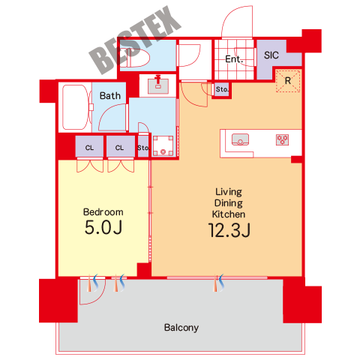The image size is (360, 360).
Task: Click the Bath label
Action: pos(110,95)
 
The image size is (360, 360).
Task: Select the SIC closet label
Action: pos(271,55)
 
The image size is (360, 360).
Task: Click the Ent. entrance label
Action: pos(234,59)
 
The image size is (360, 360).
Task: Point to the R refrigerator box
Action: pos(288,81)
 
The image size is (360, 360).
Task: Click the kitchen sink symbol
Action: pos(240,139)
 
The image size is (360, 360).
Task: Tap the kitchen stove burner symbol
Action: pos(282,139)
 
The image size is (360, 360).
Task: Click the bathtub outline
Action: pos(75,107)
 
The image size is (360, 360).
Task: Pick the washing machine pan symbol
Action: pos(163,145)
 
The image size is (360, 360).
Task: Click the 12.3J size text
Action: pos(229,230)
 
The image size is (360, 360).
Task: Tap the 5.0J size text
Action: pos(103,227)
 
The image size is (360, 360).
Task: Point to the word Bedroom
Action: pos(103,212)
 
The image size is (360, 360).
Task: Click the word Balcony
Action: pos(181,328)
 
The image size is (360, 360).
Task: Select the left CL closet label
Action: pos(89,148)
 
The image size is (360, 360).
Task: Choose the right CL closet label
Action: pos(119,148)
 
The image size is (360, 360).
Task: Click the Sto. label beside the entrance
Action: pos(222,89)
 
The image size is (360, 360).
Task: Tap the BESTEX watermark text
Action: pos(135,40)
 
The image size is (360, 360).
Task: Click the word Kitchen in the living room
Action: pos(229,214)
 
